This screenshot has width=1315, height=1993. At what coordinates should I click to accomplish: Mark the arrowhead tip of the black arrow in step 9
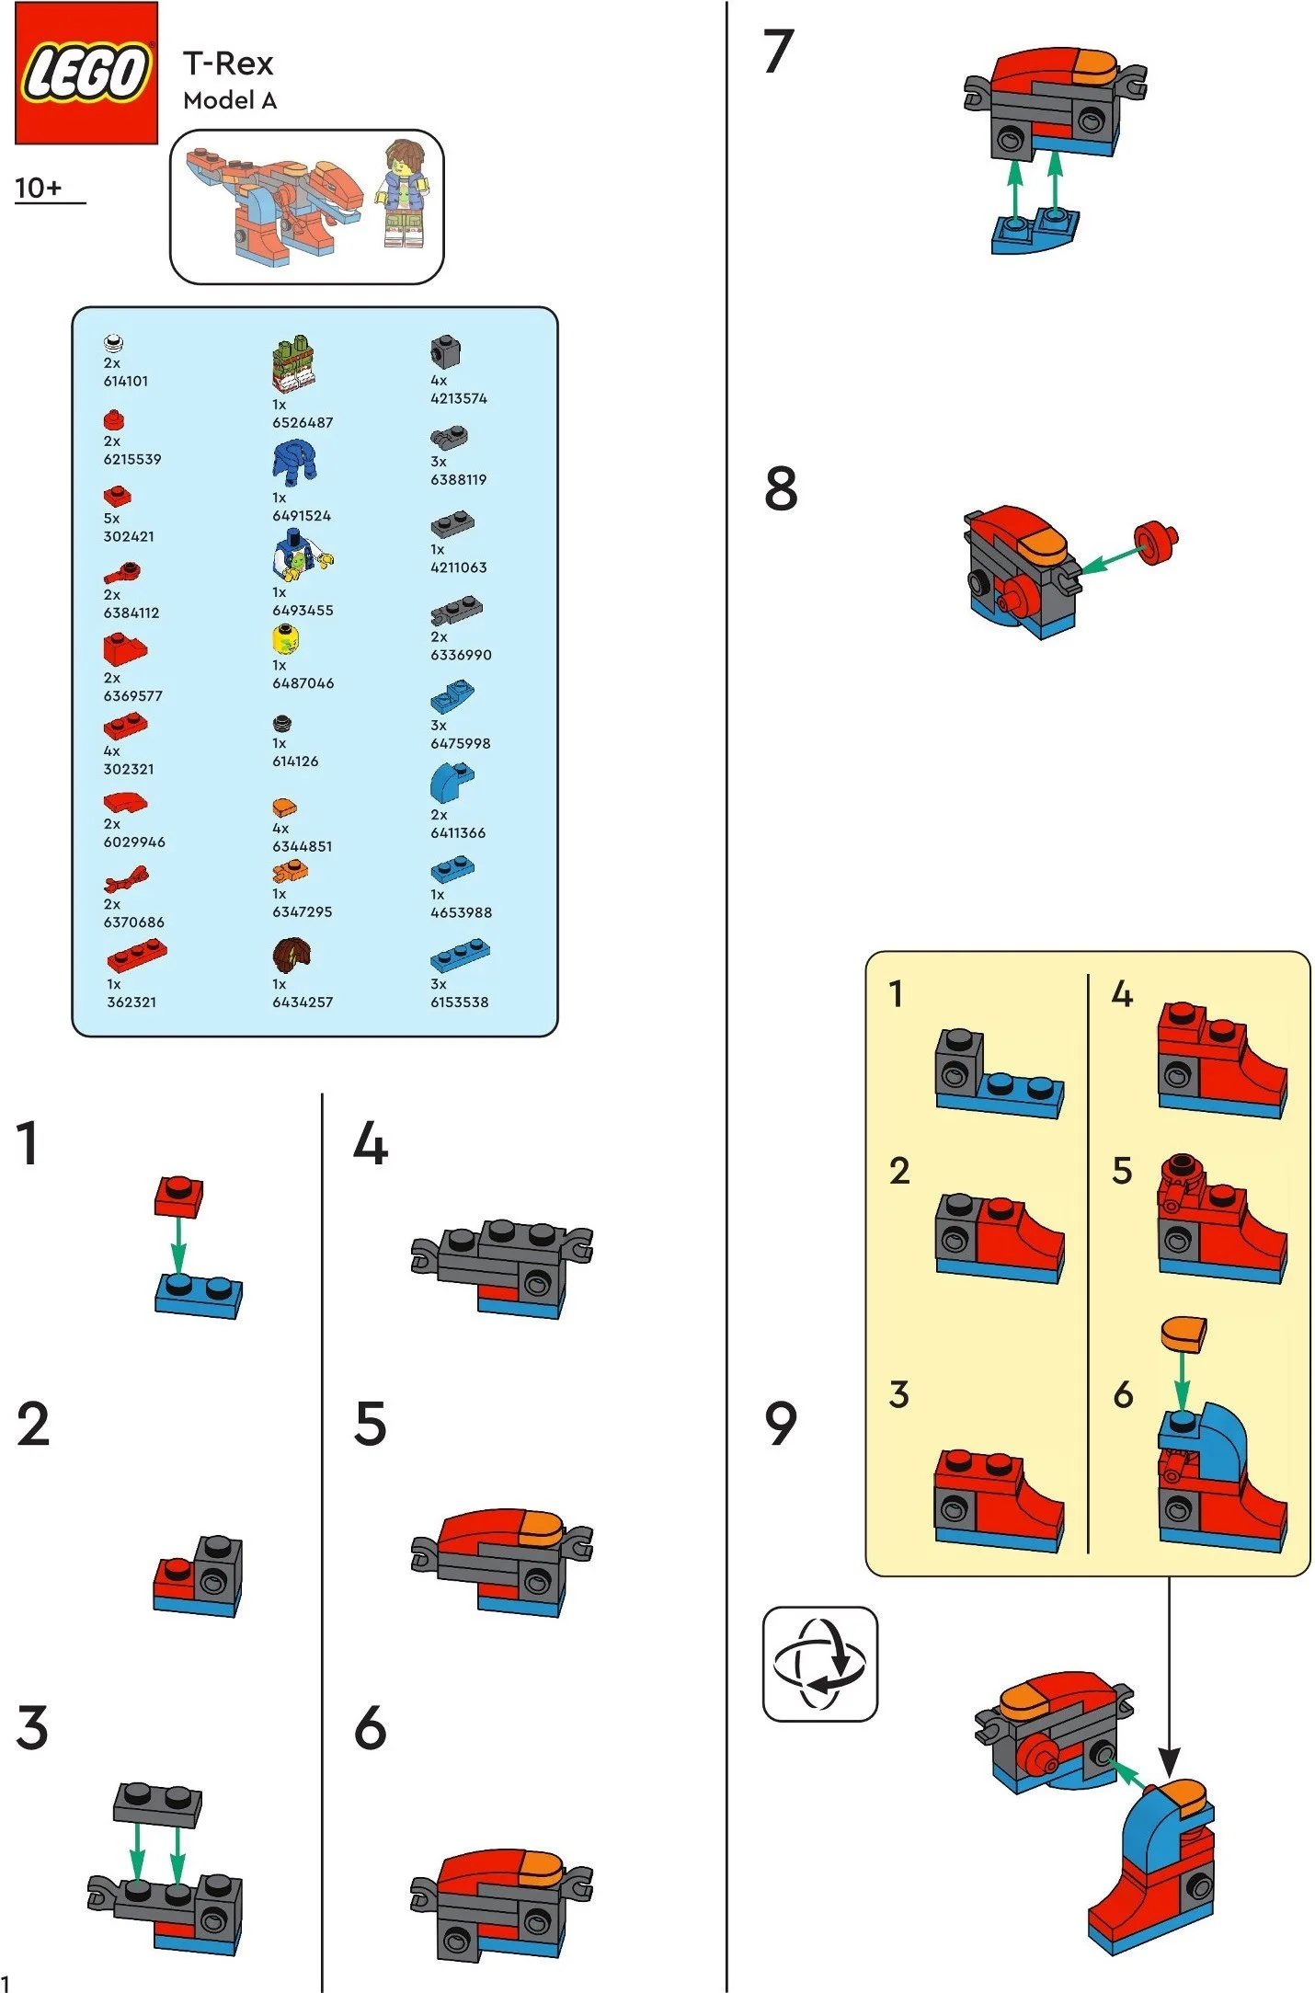tap(1169, 1778)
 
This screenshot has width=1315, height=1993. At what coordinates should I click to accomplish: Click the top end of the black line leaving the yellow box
tap(1169, 1576)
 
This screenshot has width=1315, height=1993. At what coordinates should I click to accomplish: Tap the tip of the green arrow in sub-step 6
tap(1183, 1409)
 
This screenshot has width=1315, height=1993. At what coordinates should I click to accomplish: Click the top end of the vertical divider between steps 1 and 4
tap(322, 1094)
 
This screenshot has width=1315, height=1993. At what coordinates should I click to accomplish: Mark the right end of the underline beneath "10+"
tap(86, 202)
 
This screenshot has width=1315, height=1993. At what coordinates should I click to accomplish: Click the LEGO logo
tap(86, 73)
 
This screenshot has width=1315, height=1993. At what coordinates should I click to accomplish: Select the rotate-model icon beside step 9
tap(820, 1664)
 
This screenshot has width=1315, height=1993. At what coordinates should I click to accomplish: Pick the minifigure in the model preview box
tap(405, 193)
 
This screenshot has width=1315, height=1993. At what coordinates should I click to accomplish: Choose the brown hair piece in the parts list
tap(292, 956)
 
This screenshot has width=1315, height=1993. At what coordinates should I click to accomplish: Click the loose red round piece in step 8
tap(1156, 543)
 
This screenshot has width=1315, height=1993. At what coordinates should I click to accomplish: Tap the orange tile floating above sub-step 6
tap(1183, 1334)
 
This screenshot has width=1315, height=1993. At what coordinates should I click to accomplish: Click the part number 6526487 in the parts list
tap(303, 422)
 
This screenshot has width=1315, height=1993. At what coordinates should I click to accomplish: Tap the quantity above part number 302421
tap(111, 519)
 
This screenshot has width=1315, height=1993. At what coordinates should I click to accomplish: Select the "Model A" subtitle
tap(230, 100)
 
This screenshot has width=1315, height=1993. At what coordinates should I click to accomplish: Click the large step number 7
tap(778, 52)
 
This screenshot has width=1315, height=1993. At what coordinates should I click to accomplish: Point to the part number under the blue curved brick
tap(458, 832)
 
